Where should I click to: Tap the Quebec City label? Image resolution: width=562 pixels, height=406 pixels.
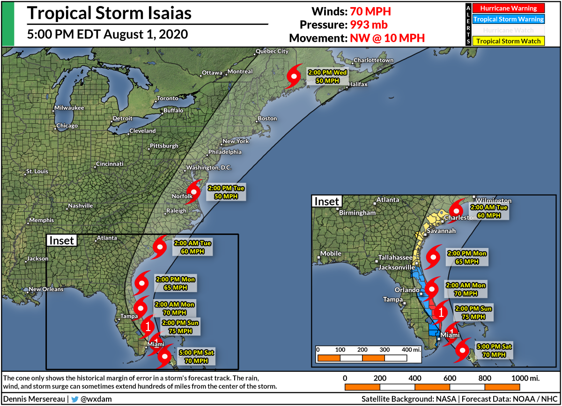coord(272,51)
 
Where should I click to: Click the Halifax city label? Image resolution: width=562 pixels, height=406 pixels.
coord(357,84)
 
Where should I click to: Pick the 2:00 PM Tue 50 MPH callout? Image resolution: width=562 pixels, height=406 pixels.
coord(226,192)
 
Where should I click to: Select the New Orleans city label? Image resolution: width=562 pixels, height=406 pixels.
coord(46,289)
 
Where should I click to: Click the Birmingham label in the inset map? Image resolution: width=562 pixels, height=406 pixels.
coord(358,212)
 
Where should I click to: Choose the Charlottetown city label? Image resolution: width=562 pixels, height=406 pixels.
coord(373,60)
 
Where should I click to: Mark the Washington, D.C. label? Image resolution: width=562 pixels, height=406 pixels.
coord(209,168)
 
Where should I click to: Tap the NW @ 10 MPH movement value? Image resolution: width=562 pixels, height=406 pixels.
coord(387,38)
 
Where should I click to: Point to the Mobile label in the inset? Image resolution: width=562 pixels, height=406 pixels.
coord(331,254)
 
